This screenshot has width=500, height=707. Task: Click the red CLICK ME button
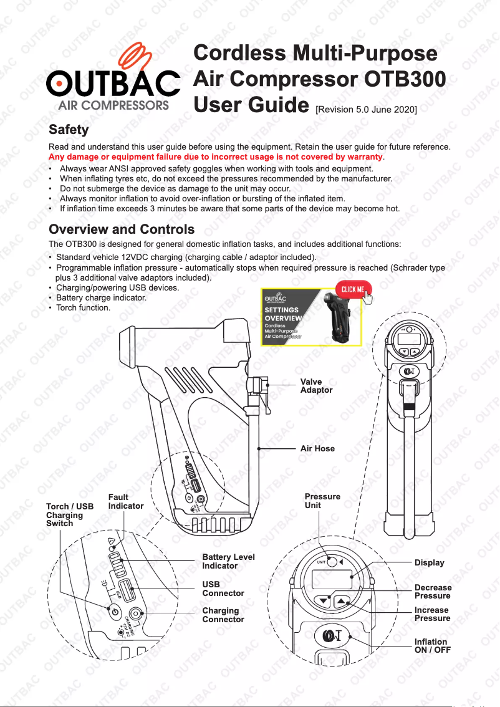[353, 289]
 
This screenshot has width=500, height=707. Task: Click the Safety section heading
[69, 130]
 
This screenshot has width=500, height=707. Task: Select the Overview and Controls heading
[122, 229]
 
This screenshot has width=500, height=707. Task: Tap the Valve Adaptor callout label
[316, 386]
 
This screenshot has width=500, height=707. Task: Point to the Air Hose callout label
[317, 448]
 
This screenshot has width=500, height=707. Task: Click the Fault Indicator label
[125, 502]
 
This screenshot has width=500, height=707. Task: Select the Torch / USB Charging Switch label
[69, 515]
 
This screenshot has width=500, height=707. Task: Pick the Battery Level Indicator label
[228, 561]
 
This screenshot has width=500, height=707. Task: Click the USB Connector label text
[223, 589]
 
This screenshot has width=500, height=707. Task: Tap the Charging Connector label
[223, 615]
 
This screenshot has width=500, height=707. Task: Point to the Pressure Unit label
[322, 501]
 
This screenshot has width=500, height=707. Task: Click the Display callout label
[429, 563]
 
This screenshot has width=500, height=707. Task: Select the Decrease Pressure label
[433, 592]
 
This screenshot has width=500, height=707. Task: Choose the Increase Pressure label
[432, 614]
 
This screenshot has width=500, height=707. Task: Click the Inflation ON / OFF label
[432, 646]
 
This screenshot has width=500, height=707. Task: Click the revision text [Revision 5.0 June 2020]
[366, 109]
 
